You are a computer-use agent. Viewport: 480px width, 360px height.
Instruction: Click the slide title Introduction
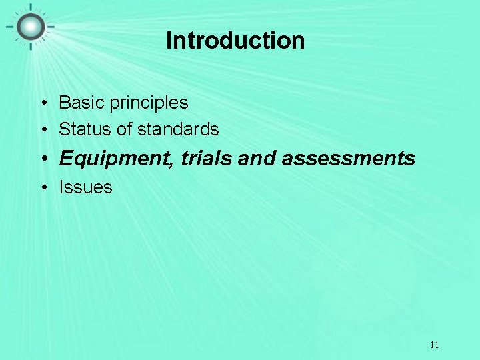click(235, 41)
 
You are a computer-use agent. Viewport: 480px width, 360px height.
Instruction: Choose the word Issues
click(85, 187)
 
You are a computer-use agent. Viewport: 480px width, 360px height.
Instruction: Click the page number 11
click(434, 345)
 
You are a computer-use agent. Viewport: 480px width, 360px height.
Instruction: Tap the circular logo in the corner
click(30, 27)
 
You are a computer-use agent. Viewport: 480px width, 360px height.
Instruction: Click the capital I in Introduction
click(169, 41)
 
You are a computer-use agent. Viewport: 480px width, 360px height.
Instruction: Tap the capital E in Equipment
click(65, 158)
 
